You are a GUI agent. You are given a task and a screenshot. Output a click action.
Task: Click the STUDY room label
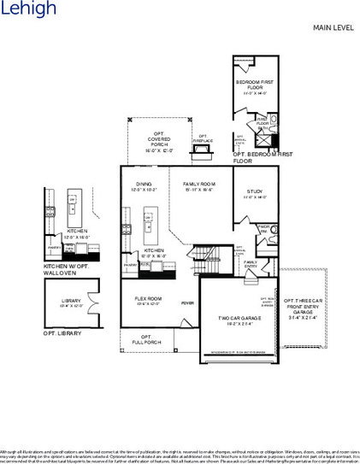click(x=254, y=193)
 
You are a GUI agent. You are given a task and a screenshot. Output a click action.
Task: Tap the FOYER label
click(x=189, y=303)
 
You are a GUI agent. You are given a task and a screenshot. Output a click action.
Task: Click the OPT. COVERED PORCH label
click(x=158, y=141)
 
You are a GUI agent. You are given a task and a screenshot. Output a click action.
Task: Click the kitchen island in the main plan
click(x=148, y=223)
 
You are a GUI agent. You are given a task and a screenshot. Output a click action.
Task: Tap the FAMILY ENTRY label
click(x=250, y=264)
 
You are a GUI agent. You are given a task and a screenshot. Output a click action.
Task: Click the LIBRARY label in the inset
click(x=71, y=302)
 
